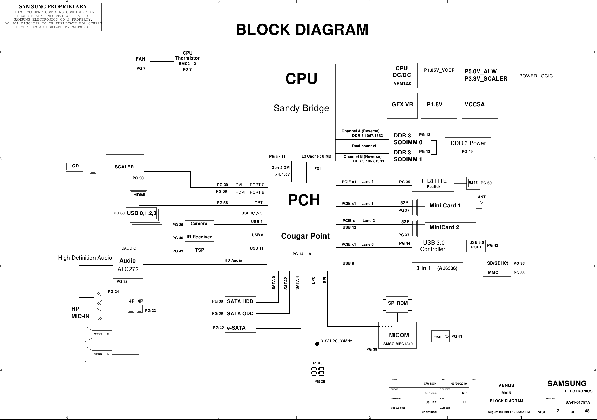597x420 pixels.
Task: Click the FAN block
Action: click(x=140, y=62)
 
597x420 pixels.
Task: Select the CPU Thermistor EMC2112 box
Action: click(x=187, y=61)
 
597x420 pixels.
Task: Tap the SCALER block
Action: click(x=125, y=167)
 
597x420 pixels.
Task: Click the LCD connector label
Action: click(x=74, y=166)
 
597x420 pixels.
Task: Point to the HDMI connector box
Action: click(x=139, y=195)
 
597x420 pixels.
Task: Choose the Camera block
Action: click(x=199, y=224)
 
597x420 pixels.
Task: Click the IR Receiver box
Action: click(x=199, y=237)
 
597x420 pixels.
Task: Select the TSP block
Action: click(x=199, y=251)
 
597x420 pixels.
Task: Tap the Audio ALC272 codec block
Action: click(x=128, y=265)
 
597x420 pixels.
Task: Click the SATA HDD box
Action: click(x=240, y=301)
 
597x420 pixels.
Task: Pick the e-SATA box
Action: click(x=240, y=328)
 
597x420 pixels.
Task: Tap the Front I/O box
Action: click(x=440, y=336)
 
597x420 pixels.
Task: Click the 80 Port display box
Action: click(x=318, y=369)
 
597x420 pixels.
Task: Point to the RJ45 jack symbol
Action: click(x=473, y=183)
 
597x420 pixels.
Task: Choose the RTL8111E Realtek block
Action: click(x=433, y=184)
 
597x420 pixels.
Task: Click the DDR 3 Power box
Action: click(x=468, y=147)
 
